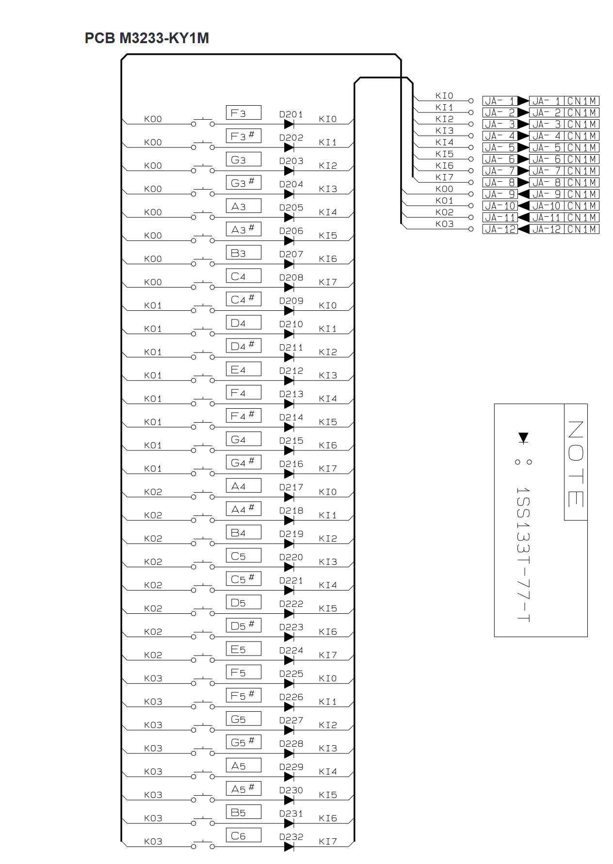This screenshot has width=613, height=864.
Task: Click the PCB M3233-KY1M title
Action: coord(146,38)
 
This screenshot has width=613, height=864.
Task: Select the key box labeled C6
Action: coord(243,835)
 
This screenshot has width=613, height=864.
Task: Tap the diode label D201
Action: coord(291,114)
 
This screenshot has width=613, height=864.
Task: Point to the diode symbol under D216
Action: coord(289,474)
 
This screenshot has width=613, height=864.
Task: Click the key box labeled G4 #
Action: coord(243,462)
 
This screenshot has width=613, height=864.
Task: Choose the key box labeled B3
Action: coord(243,253)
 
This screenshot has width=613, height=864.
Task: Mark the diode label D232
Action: coord(291,837)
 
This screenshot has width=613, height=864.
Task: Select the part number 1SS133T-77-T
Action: coord(523,554)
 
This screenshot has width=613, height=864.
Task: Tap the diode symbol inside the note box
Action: coord(523,438)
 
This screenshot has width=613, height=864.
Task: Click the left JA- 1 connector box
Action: coord(500,101)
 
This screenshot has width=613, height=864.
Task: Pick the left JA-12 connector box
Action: coord(500,229)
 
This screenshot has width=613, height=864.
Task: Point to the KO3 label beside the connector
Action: coord(444,224)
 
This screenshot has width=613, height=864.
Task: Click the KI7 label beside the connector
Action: coord(444,177)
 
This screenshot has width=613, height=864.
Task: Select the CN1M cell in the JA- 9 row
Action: coord(581,194)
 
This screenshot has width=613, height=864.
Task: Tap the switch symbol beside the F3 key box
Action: coord(203,123)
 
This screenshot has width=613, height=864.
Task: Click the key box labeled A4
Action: coord(243,485)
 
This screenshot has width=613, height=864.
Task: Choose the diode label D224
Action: coord(291,650)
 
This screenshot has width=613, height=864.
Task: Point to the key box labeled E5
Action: coord(243,649)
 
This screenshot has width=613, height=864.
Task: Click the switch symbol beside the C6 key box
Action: coord(203,845)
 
